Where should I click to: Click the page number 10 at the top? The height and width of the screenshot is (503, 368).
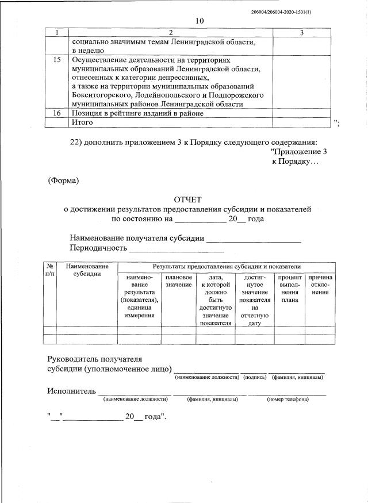(200, 21)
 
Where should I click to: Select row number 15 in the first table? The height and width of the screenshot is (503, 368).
(57, 60)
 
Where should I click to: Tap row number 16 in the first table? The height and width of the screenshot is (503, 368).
(57, 113)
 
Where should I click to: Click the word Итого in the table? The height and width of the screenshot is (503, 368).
(82, 122)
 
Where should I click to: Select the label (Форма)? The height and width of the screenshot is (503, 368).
(63, 181)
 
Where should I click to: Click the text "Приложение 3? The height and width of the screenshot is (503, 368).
(298, 152)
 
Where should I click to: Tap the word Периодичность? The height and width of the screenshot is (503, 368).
(98, 248)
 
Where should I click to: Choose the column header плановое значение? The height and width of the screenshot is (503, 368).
(178, 281)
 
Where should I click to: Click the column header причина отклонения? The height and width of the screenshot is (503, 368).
(320, 285)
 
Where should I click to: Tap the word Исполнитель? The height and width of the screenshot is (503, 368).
(71, 391)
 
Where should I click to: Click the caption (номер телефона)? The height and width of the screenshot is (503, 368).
(287, 399)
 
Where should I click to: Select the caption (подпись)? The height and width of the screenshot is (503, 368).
(254, 377)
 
